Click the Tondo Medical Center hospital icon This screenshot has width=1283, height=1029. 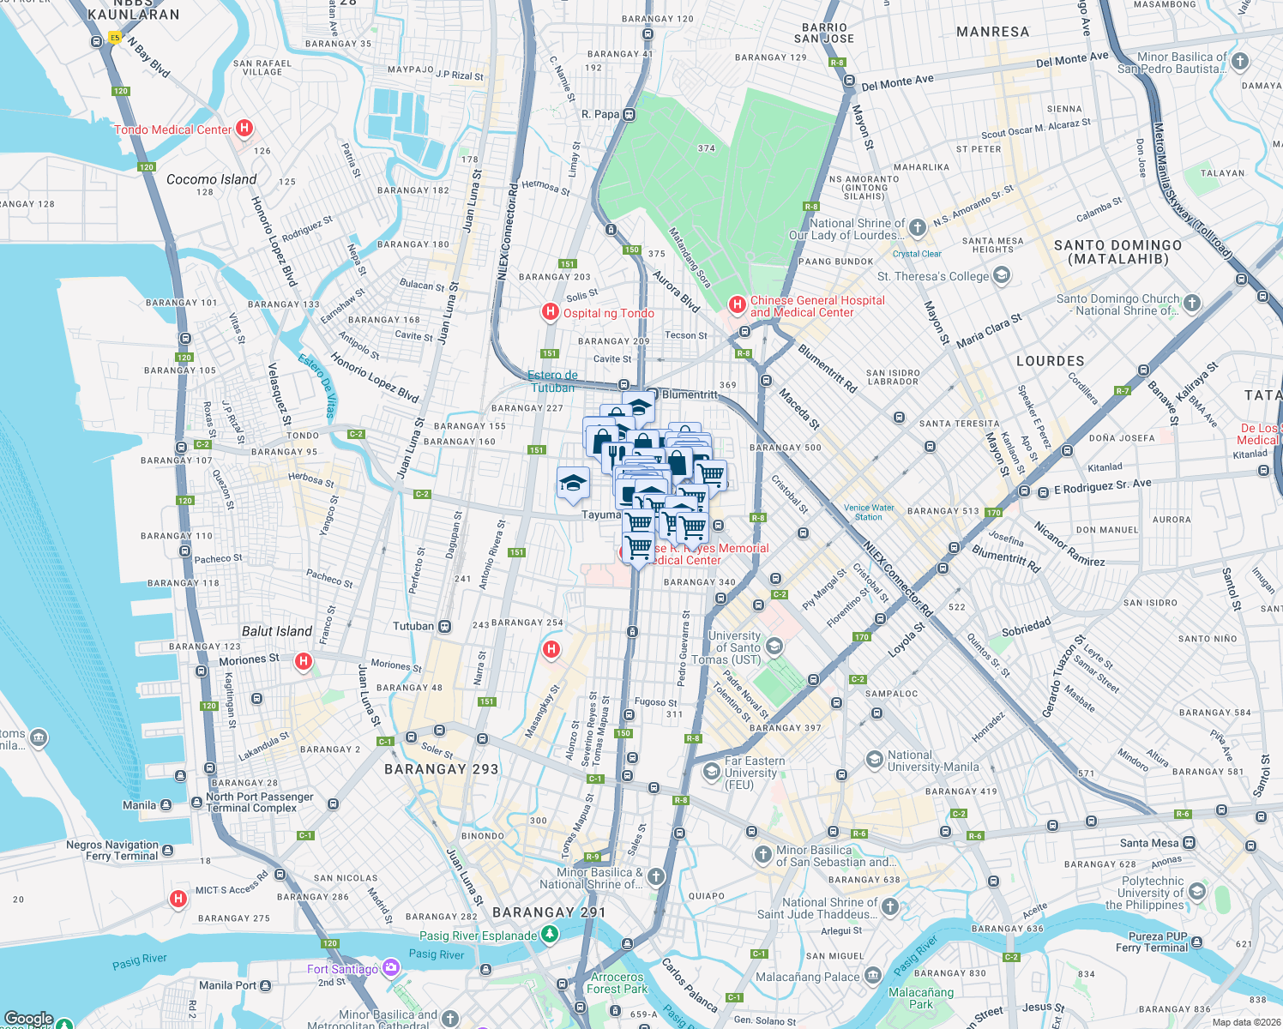[244, 129]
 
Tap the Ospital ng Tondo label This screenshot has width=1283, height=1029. [608, 313]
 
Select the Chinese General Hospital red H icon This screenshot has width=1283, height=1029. [737, 304]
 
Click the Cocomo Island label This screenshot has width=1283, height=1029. [211, 179]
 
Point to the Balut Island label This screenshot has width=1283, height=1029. [276, 631]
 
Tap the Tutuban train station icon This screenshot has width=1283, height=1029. [444, 626]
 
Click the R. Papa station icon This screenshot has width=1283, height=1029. [629, 114]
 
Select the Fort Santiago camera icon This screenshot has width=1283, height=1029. [391, 968]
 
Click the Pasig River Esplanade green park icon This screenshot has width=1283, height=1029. [550, 935]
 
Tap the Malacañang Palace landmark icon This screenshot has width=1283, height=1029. [873, 975]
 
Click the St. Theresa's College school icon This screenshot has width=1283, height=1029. [1002, 276]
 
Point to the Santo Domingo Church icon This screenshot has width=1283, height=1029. [1192, 304]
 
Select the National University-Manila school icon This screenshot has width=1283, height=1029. [874, 760]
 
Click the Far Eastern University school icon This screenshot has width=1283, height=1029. [711, 772]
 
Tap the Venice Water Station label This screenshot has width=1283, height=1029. [868, 512]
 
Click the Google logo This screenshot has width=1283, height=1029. [28, 1019]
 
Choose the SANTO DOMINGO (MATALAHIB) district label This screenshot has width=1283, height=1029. [1117, 252]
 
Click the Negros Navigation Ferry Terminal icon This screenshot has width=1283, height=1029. [168, 851]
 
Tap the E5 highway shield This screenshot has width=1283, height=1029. [115, 38]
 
